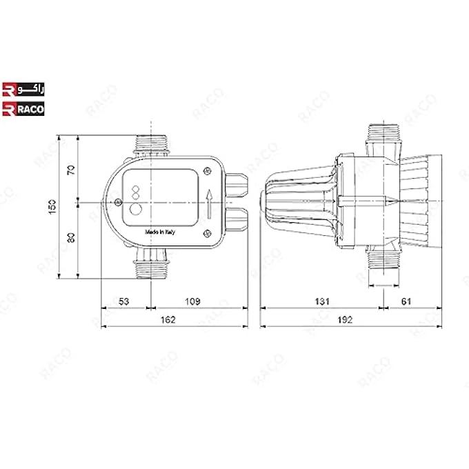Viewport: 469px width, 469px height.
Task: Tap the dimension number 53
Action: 124,301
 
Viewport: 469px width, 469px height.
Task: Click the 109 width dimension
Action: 194,301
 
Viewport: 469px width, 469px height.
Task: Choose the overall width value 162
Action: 168,319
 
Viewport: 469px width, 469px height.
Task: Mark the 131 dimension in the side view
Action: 322,301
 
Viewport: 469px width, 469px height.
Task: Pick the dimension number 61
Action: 406,301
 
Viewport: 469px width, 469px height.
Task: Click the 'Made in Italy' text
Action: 160,232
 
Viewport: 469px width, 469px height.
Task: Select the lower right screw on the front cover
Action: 208,234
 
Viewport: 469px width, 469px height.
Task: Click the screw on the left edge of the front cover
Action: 119,202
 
